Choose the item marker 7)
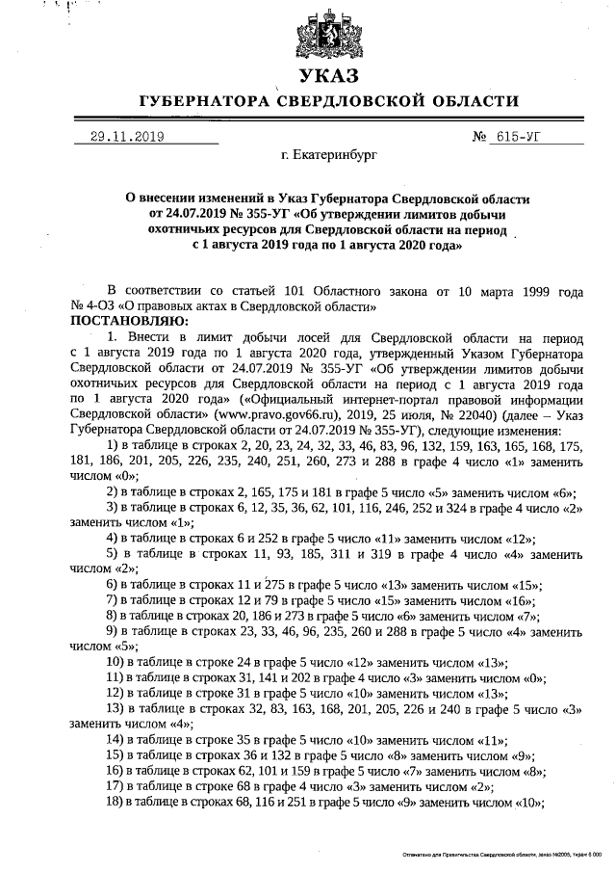[113, 599]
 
